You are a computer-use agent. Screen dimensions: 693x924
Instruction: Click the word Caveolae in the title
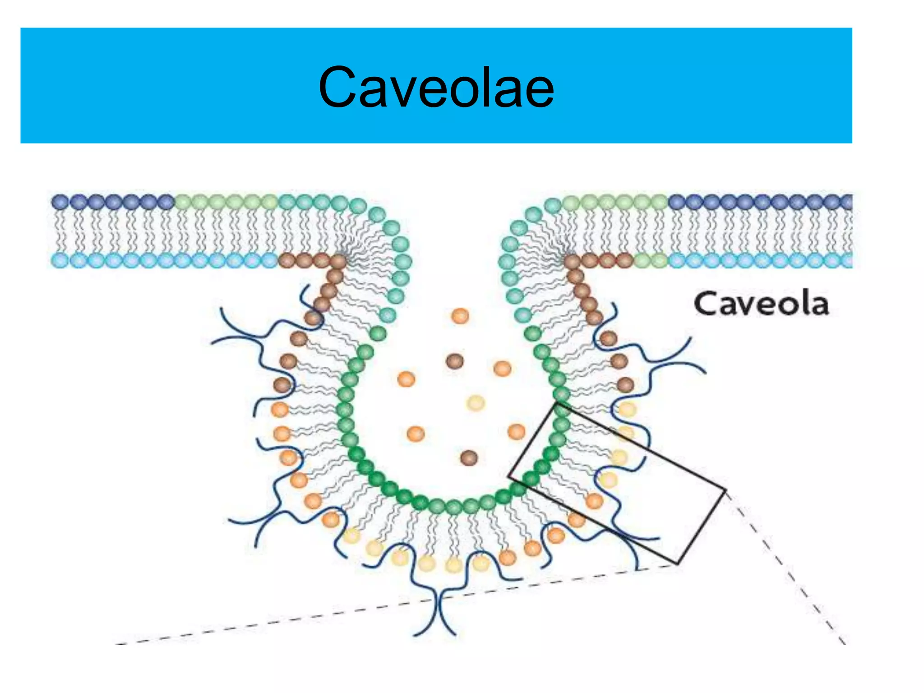click(x=436, y=87)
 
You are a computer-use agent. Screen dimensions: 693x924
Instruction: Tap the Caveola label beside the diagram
click(x=761, y=304)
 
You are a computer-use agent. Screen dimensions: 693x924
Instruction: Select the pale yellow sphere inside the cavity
click(x=475, y=402)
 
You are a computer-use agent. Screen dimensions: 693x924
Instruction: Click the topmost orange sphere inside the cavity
click(x=460, y=316)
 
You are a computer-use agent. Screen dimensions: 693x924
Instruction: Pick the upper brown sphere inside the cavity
click(x=454, y=360)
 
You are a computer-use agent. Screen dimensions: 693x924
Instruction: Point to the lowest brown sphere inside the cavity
click(x=469, y=457)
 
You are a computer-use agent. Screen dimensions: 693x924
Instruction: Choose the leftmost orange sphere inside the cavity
click(x=406, y=379)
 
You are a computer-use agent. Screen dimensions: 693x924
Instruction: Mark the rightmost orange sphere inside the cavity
click(x=516, y=431)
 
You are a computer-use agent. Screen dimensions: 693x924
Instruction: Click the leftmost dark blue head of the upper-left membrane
click(x=60, y=202)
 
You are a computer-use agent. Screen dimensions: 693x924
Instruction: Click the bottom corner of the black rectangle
click(x=677, y=563)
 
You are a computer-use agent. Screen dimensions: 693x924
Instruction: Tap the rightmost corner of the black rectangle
click(x=725, y=490)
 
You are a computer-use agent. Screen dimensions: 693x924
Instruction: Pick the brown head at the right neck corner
click(x=572, y=261)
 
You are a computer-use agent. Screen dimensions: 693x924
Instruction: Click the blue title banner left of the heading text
click(x=158, y=86)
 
